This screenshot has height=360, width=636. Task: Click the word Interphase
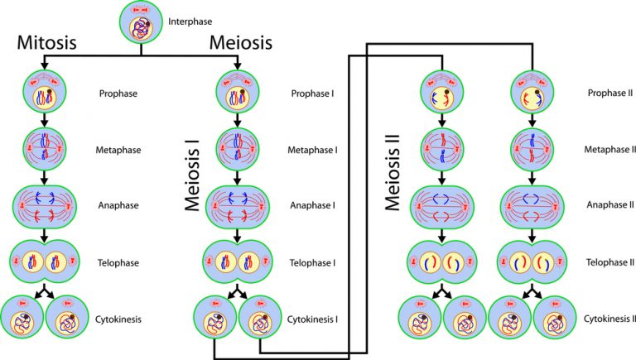pos(189,21)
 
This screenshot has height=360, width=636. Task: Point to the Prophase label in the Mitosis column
pos(117,94)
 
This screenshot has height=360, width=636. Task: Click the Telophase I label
pos(311,262)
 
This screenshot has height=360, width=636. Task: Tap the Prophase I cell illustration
pos(234,92)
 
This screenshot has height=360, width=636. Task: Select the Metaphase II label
pos(610,151)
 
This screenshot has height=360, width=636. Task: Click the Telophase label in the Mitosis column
pos(117,262)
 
